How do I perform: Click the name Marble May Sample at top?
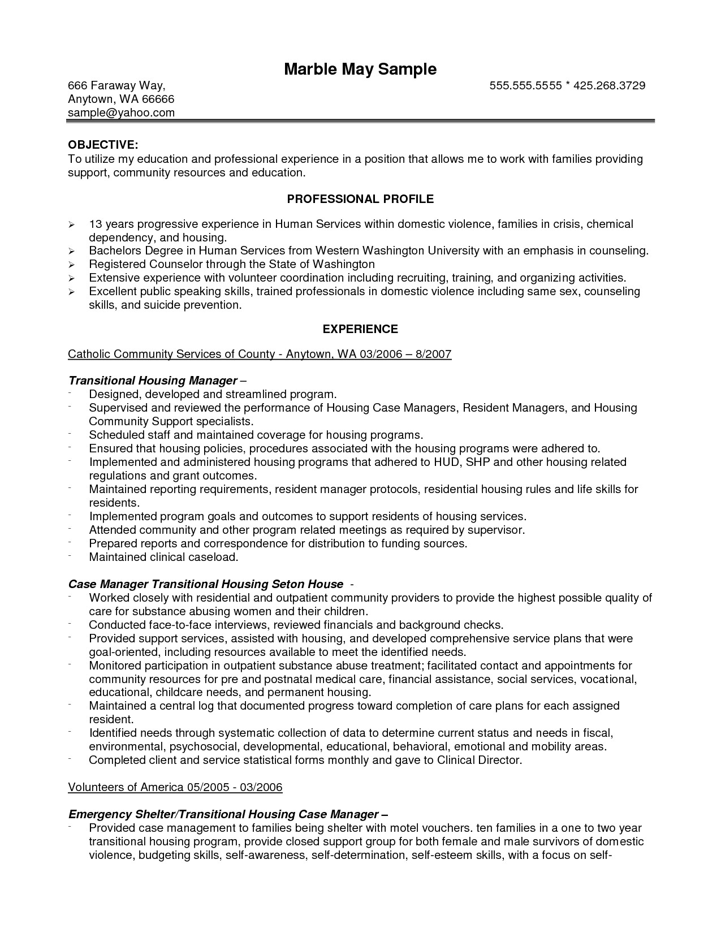point(360,69)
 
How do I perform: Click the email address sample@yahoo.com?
point(121,113)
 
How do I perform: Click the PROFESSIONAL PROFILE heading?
point(360,199)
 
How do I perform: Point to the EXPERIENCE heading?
point(360,329)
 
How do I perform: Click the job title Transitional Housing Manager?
point(152,381)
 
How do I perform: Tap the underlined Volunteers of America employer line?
point(175,787)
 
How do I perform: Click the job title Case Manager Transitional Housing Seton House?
point(206,584)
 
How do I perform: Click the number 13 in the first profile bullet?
point(95,224)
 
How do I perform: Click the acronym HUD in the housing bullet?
point(447,463)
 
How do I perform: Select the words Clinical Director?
point(478,761)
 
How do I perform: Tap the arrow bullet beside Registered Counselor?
point(71,265)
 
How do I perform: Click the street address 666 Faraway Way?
point(116,85)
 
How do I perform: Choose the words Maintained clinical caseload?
point(163,558)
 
